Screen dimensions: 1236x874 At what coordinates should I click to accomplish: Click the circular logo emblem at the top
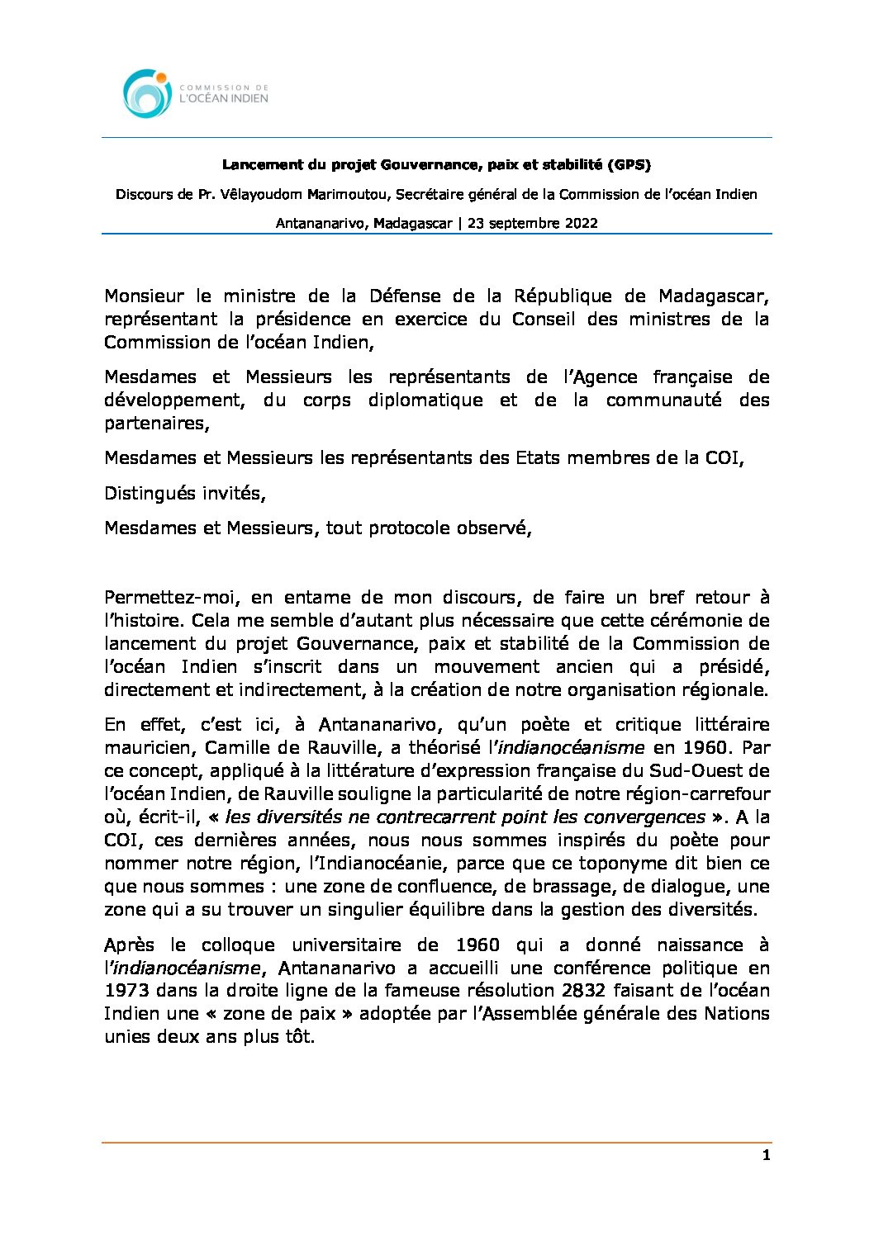147,93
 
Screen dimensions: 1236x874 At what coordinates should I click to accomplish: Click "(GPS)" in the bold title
629,165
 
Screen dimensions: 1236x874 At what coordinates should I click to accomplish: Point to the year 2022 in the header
582,223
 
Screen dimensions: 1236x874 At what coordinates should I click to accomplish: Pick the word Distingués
149,494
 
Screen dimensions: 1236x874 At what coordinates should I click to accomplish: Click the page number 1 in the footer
766,1156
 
